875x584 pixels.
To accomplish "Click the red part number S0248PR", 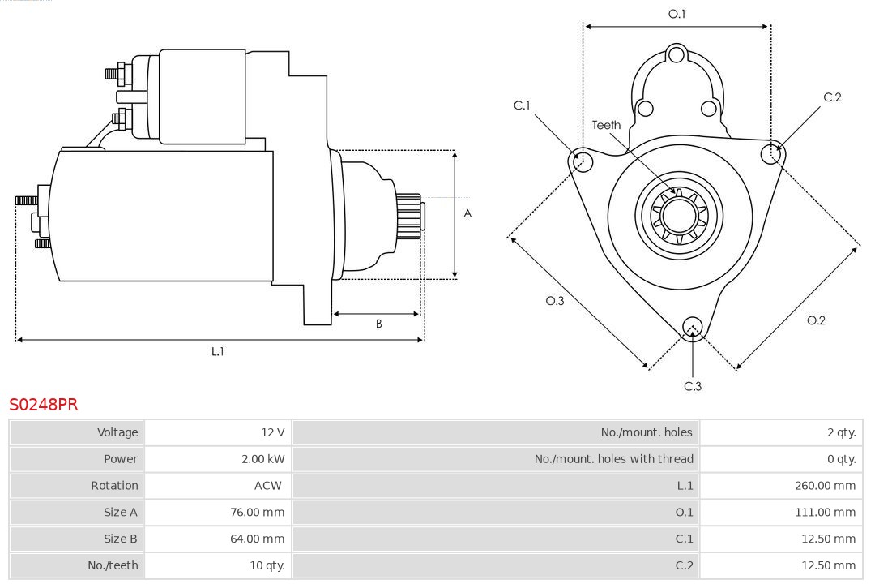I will click(x=44, y=404).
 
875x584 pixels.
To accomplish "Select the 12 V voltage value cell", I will click(x=274, y=432).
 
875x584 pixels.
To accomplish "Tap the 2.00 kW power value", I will click(x=262, y=459).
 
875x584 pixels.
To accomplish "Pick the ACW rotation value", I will click(x=268, y=486).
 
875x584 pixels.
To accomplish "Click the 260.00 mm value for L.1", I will click(x=825, y=486).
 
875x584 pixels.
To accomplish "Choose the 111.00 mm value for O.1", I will click(x=825, y=513).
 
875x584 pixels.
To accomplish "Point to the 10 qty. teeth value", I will click(x=267, y=565).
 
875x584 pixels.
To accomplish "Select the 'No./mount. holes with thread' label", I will click(x=613, y=459).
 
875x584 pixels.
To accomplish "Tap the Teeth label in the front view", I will click(x=606, y=125).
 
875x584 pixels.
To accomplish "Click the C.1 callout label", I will click(x=522, y=105).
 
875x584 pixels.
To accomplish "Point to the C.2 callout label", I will click(x=832, y=97).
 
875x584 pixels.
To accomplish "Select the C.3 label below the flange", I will click(x=693, y=386).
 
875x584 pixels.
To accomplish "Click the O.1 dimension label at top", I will click(x=677, y=14).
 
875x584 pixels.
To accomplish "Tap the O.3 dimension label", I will click(x=554, y=301).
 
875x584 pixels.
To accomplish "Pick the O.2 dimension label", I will click(x=816, y=320).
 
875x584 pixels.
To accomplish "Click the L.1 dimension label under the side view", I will click(x=217, y=351).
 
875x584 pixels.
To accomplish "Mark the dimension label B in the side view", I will click(x=378, y=324).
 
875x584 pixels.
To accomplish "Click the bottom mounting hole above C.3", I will click(x=692, y=327).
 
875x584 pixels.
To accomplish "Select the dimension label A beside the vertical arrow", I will click(x=467, y=214).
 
